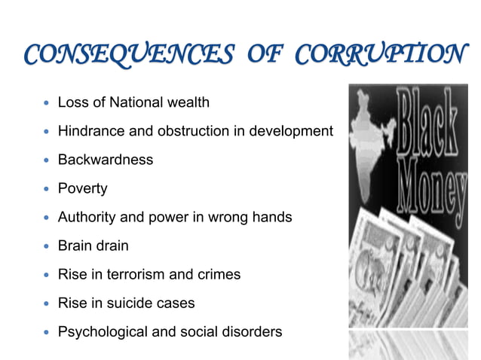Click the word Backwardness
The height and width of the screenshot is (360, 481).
[106, 160]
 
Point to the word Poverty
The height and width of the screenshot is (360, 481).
[83, 188]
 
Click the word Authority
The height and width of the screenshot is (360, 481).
[87, 218]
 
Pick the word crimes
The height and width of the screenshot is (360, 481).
[218, 275]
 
